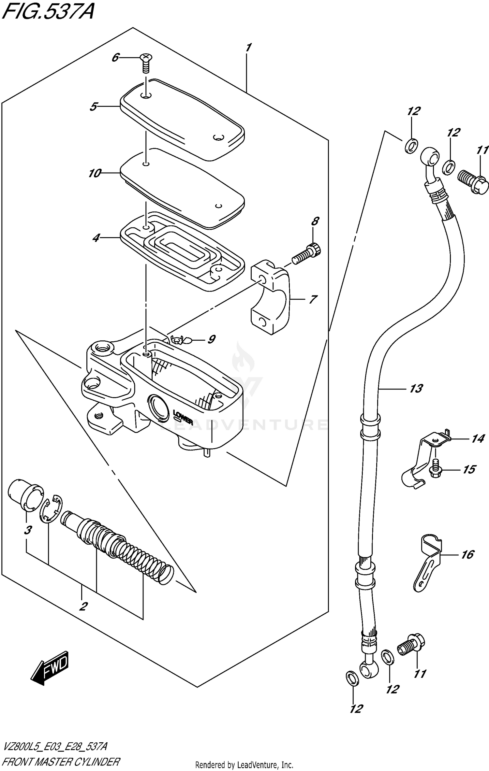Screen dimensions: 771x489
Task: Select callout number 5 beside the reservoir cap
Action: [94, 107]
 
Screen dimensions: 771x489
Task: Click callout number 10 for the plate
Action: [95, 174]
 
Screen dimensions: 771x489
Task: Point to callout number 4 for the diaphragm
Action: [96, 238]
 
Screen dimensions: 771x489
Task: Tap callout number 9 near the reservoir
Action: [211, 340]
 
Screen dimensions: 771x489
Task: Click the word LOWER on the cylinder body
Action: [183, 418]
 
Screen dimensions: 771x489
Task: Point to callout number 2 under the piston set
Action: [83, 606]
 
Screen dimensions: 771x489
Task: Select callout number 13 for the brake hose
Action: [416, 389]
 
